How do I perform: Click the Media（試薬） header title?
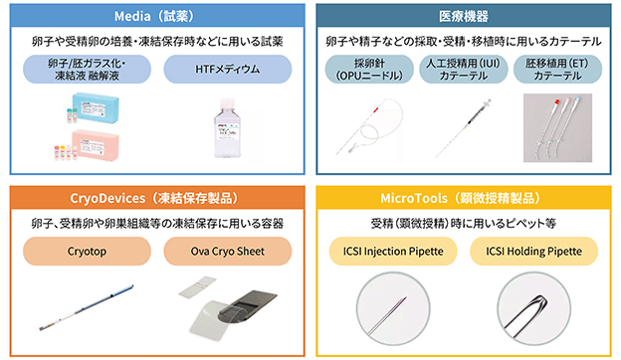click(x=154, y=16)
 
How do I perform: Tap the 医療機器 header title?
click(x=464, y=16)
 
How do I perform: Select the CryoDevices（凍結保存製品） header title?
click(x=154, y=198)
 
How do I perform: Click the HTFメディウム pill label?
click(x=228, y=70)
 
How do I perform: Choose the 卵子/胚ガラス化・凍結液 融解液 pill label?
click(x=88, y=70)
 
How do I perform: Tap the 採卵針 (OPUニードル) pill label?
click(x=369, y=70)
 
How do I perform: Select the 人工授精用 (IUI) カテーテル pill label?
click(x=464, y=70)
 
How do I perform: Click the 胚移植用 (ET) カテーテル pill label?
click(x=557, y=70)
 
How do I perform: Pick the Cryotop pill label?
click(x=88, y=252)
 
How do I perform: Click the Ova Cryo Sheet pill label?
click(x=228, y=252)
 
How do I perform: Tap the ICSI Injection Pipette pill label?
click(x=393, y=252)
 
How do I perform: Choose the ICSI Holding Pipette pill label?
click(x=533, y=252)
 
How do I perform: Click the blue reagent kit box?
click(x=97, y=106)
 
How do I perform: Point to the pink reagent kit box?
click(x=96, y=144)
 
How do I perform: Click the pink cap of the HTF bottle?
click(x=227, y=103)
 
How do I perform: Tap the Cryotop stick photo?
click(x=87, y=307)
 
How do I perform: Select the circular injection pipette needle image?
click(x=393, y=309)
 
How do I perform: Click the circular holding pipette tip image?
click(x=533, y=309)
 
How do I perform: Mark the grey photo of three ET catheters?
click(x=557, y=127)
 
